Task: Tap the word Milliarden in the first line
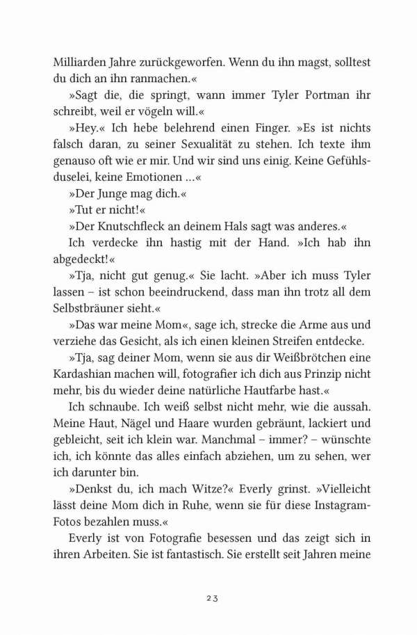72,61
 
